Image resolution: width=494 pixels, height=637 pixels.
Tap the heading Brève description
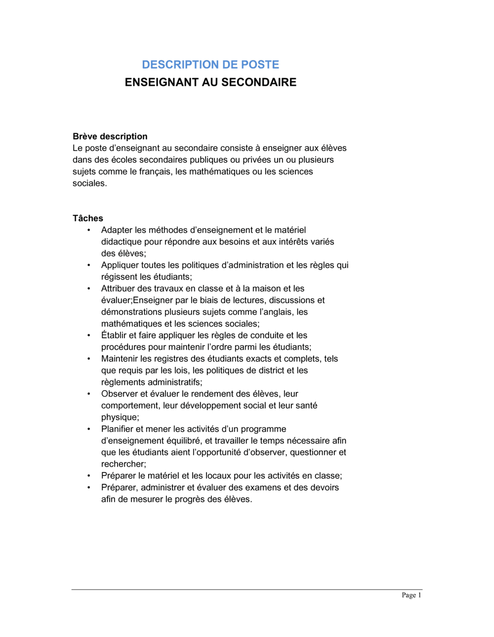[110, 136]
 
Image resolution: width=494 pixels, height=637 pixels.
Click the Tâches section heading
[88, 218]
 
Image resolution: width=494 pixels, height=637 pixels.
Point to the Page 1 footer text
[412, 595]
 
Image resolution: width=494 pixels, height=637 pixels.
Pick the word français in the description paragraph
[154, 171]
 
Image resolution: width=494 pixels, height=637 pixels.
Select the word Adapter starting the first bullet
[117, 230]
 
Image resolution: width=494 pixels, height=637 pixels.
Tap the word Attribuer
[119, 288]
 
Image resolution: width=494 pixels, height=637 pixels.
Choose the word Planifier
[118, 429]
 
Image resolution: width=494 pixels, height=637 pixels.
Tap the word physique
[119, 417]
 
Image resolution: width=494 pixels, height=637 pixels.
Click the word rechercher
[123, 464]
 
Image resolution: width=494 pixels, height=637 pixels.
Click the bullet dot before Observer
[89, 394]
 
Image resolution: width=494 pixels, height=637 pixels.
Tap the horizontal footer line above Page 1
[247, 589]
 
